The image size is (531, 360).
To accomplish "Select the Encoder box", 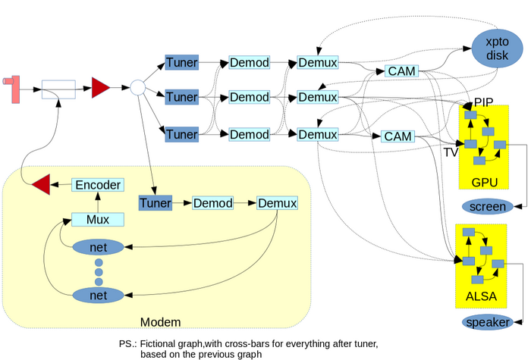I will [x=97, y=184].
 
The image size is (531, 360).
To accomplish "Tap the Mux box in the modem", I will [x=97, y=220].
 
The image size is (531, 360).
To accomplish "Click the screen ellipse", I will [x=487, y=207].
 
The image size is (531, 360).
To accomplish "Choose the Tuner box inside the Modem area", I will [x=155, y=203].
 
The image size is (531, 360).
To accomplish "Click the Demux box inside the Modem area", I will [x=277, y=203].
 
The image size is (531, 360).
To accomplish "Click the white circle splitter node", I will [x=137, y=88].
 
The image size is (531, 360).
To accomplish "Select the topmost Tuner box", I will [x=181, y=61].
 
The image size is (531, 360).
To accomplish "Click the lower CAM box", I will [x=397, y=136].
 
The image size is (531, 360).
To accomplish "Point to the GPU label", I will [x=485, y=182].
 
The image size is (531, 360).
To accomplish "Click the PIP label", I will [x=484, y=102].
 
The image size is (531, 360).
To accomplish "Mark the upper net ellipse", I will [x=97, y=248].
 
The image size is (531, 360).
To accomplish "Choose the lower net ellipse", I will [x=97, y=294].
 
